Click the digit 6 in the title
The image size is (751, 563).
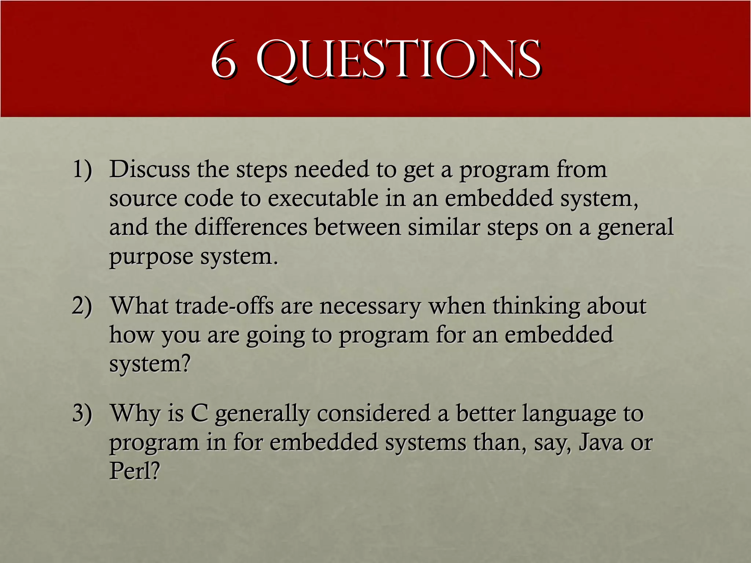(223, 60)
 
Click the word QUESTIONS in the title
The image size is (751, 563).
(398, 60)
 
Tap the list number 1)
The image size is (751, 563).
(82, 170)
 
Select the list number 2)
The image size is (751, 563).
(82, 306)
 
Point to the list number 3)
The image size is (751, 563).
(82, 413)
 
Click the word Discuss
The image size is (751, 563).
(150, 170)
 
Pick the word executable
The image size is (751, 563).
(323, 199)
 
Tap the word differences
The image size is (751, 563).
(251, 227)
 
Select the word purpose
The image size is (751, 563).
(151, 257)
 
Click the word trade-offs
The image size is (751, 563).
(224, 306)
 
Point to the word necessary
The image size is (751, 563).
(370, 306)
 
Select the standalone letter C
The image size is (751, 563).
(199, 413)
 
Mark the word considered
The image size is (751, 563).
(374, 413)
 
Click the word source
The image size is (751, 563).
(143, 199)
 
